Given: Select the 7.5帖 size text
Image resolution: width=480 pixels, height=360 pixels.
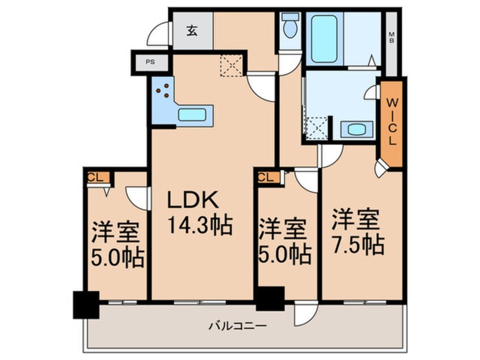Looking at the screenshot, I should (x=358, y=245).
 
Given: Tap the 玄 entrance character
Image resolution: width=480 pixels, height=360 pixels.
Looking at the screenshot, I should (x=192, y=31).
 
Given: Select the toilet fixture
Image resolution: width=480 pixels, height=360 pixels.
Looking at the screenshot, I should (x=290, y=26).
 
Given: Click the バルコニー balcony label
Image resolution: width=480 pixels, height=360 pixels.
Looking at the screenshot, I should (x=237, y=326).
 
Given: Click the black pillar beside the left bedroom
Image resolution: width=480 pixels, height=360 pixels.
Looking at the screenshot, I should (x=85, y=304).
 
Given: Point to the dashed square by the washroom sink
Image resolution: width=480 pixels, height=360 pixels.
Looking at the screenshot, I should (x=317, y=128).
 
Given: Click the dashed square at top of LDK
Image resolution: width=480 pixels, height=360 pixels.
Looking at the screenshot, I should (x=231, y=64).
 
